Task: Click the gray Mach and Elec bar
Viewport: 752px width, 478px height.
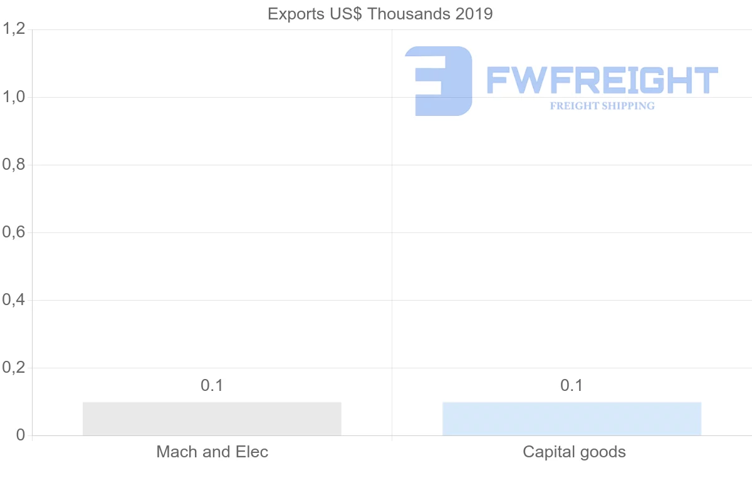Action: pyautogui.click(x=212, y=418)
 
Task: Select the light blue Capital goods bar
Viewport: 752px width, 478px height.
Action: pyautogui.click(x=572, y=418)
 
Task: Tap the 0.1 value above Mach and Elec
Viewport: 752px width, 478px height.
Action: pyautogui.click(x=212, y=386)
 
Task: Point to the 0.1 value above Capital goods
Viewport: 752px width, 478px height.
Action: pyautogui.click(x=572, y=386)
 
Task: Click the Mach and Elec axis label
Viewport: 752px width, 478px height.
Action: pyautogui.click(x=212, y=452)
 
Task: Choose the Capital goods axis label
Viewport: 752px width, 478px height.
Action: pyautogui.click(x=574, y=452)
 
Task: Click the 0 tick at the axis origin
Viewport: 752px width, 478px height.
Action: pyautogui.click(x=19, y=435)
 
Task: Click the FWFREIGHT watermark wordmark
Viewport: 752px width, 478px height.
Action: pyautogui.click(x=602, y=80)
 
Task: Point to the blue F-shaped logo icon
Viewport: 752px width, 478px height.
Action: pyautogui.click(x=439, y=81)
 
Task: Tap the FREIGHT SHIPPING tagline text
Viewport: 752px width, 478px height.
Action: pyautogui.click(x=602, y=106)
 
